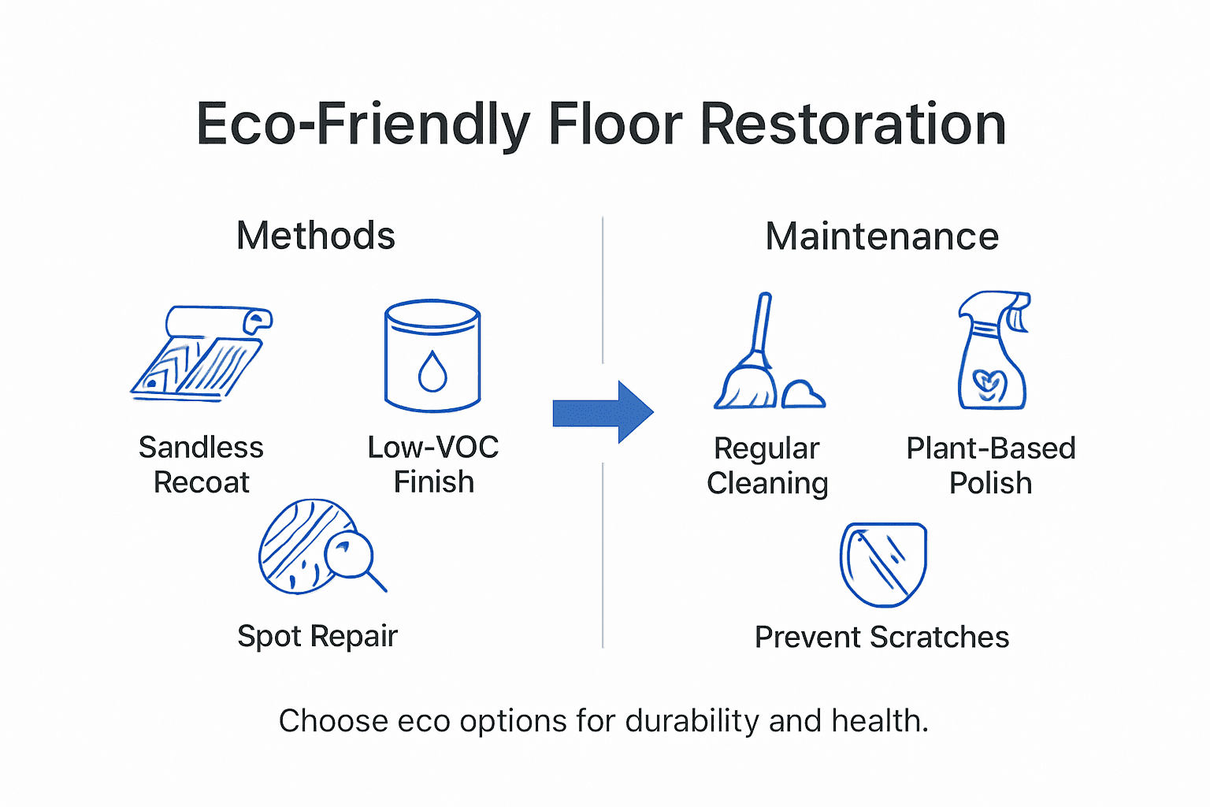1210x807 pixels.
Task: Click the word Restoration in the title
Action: [x=852, y=125]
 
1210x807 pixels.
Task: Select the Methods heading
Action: [x=316, y=236]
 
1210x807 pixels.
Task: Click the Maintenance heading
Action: [x=882, y=236]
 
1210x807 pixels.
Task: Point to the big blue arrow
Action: [x=603, y=411]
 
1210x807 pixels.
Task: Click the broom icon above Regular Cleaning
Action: [x=748, y=355]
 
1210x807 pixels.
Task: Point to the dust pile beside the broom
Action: [x=803, y=394]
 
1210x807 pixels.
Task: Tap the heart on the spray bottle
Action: [x=989, y=385]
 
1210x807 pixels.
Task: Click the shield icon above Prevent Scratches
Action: [x=883, y=563]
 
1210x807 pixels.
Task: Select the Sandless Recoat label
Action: [x=202, y=464]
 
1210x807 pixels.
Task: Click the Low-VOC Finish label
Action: [x=433, y=464]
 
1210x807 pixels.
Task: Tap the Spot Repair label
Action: [x=317, y=636]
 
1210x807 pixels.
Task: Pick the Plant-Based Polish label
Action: [x=990, y=465]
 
